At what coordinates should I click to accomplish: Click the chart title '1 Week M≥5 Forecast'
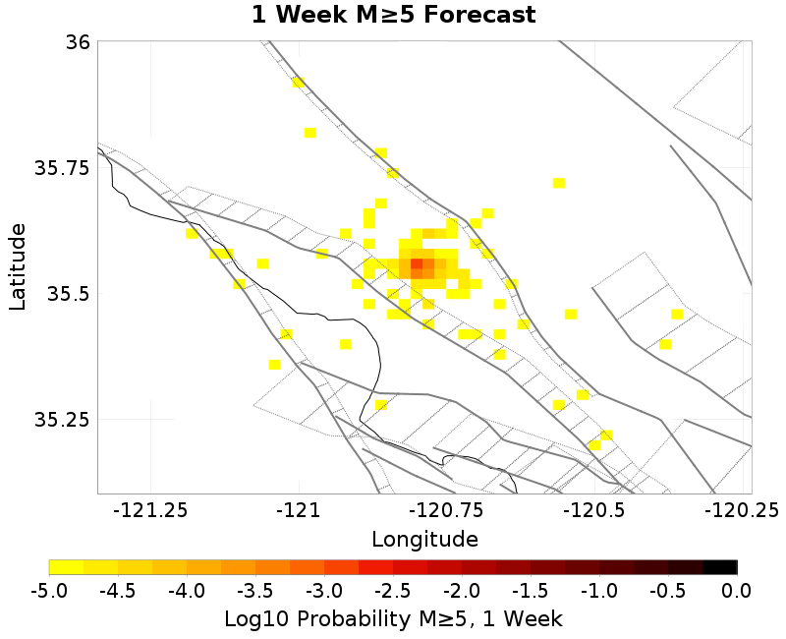pos(393,15)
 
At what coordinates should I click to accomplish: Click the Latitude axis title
pos(18,266)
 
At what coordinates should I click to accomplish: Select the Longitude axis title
pos(424,539)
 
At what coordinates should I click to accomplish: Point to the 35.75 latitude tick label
pos(62,168)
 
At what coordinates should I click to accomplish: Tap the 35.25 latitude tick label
pos(62,420)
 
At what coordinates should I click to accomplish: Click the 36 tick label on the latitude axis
pos(78,42)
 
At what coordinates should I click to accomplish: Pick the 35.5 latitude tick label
pos(68,294)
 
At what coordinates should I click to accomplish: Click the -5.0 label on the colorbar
pos(49,590)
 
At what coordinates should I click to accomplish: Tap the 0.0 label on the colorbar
pos(737,590)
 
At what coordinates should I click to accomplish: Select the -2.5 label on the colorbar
pos(393,590)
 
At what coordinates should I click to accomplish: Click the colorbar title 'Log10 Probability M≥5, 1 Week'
pos(393,618)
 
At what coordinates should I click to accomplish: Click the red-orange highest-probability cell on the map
pos(417,264)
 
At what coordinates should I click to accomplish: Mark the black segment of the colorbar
pos(720,567)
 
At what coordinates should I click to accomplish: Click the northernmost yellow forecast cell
pos(299,83)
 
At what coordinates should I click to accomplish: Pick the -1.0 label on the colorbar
pos(599,590)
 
